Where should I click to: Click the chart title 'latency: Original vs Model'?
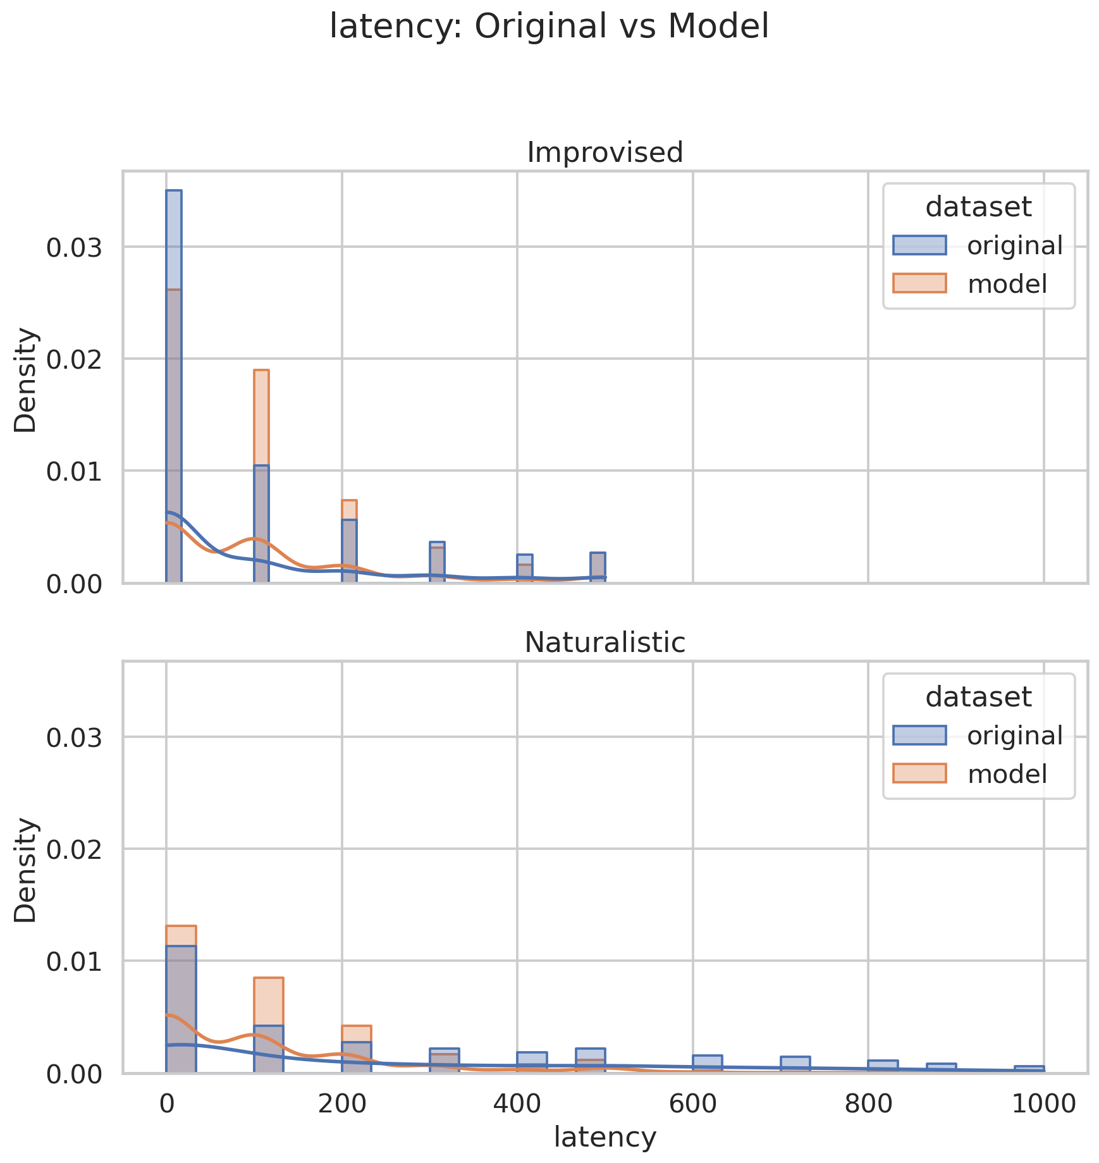pos(549,27)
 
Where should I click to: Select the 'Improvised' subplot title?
pos(605,152)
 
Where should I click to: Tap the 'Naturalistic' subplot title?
pos(605,643)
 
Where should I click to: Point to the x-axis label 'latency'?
pos(605,1136)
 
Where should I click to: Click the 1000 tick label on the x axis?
pos(1043,1104)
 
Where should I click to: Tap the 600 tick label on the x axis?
pos(692,1104)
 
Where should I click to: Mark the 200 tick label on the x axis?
pos(341,1104)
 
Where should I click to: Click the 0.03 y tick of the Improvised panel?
pos(74,247)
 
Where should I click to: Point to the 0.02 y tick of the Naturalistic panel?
pos(74,849)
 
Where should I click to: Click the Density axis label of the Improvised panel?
pos(26,379)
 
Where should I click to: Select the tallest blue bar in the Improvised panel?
pos(174,386)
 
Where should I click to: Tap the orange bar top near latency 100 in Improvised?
pos(261,371)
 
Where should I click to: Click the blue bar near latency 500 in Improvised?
pos(598,567)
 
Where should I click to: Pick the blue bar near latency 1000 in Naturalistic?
pos(1029,1069)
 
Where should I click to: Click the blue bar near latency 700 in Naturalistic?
pos(795,1065)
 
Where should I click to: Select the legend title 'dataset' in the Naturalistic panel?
pos(978,697)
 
